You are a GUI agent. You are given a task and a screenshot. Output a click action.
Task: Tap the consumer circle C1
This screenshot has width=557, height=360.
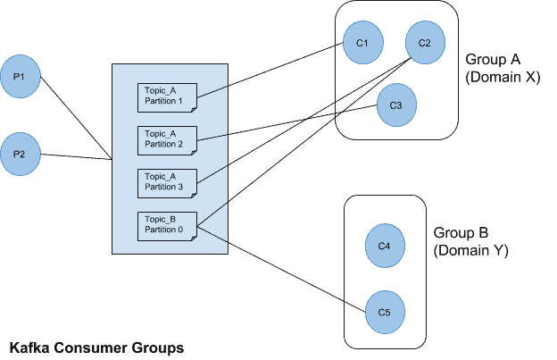click(362, 43)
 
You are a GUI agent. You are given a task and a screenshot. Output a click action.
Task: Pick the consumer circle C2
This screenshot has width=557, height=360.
click(424, 43)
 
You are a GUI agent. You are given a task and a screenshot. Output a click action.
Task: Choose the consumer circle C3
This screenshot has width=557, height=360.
click(395, 105)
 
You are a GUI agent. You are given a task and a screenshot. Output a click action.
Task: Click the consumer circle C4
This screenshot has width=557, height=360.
click(385, 246)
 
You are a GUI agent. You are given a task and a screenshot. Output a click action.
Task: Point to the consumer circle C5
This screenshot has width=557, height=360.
click(385, 312)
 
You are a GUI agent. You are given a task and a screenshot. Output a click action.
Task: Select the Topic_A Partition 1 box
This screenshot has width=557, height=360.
click(166, 96)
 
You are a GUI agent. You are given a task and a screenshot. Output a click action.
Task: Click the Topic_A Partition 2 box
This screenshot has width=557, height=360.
click(166, 139)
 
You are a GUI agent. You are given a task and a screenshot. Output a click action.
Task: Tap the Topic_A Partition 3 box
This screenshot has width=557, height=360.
click(166, 182)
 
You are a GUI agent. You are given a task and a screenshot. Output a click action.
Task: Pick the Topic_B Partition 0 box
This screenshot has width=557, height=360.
click(166, 225)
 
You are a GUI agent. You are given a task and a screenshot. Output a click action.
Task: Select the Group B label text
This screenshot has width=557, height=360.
click(461, 234)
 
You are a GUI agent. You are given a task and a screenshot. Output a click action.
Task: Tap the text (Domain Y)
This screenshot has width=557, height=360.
click(470, 251)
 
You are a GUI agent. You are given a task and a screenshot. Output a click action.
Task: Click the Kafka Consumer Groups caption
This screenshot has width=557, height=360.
click(97, 347)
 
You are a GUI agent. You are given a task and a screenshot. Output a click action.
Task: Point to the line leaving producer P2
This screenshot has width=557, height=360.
click(76, 157)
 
